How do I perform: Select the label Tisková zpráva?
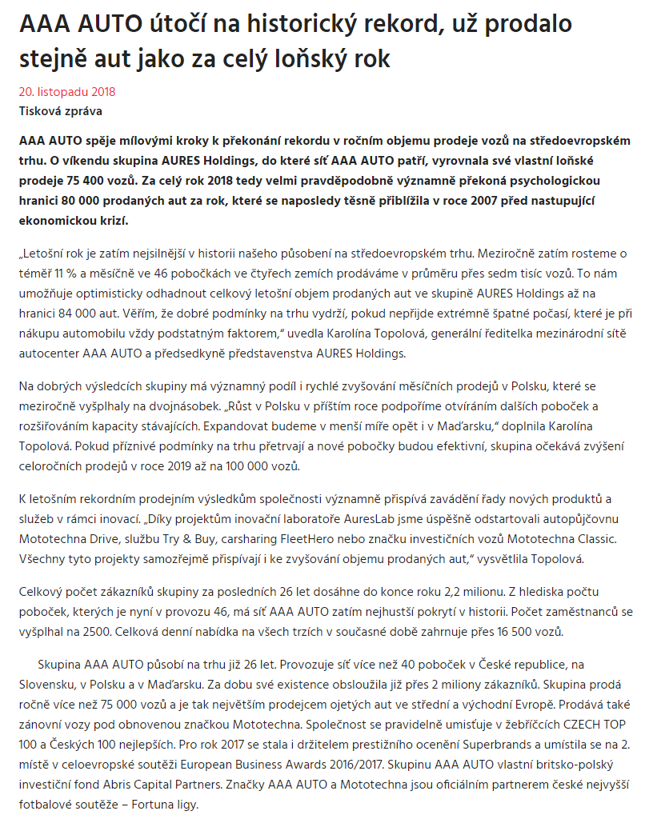[x=60, y=111]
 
